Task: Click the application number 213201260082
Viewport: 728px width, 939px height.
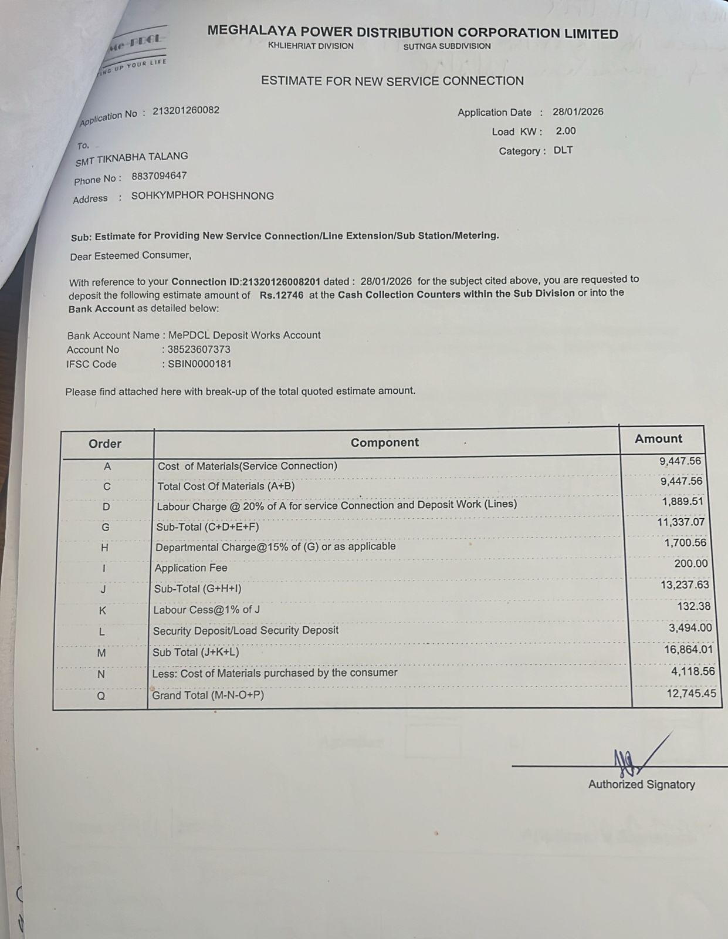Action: pos(186,110)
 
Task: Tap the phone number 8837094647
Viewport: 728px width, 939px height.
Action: pos(159,175)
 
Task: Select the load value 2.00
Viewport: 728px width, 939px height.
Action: pos(566,131)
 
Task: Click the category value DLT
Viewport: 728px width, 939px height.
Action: pos(563,150)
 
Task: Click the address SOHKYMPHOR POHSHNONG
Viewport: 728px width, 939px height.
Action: pos(202,195)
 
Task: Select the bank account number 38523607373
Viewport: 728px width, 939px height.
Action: pos(199,349)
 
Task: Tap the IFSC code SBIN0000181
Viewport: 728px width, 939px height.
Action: pos(199,364)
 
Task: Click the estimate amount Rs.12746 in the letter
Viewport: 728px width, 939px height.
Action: pos(282,295)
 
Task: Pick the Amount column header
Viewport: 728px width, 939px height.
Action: pos(658,439)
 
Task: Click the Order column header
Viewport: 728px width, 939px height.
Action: pos(105,444)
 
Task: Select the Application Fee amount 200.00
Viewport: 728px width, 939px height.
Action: pos(691,563)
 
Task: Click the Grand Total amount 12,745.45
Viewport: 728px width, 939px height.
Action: pos(691,693)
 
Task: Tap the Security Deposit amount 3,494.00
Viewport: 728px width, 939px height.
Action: pos(690,627)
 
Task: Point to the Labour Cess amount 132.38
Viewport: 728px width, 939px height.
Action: pos(693,606)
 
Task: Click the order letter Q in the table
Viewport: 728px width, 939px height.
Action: pos(101,696)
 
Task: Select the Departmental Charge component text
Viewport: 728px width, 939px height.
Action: pos(275,547)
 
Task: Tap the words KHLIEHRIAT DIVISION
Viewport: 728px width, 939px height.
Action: pos(310,46)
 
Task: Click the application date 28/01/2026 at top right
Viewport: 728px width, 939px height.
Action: pos(577,112)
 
